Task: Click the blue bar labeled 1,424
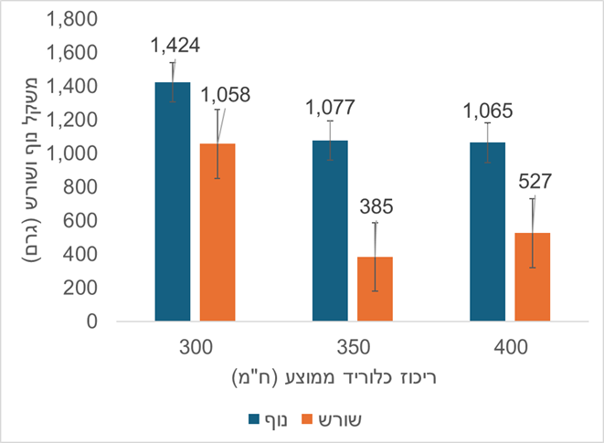pyautogui.click(x=173, y=202)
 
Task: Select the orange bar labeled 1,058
pyautogui.click(x=217, y=233)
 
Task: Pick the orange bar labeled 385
pyautogui.click(x=375, y=290)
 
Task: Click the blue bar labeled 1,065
pyautogui.click(x=487, y=232)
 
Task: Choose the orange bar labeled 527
pyautogui.click(x=532, y=278)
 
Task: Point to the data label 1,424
pyautogui.click(x=175, y=44)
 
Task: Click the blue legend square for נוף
pyautogui.click(x=255, y=419)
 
